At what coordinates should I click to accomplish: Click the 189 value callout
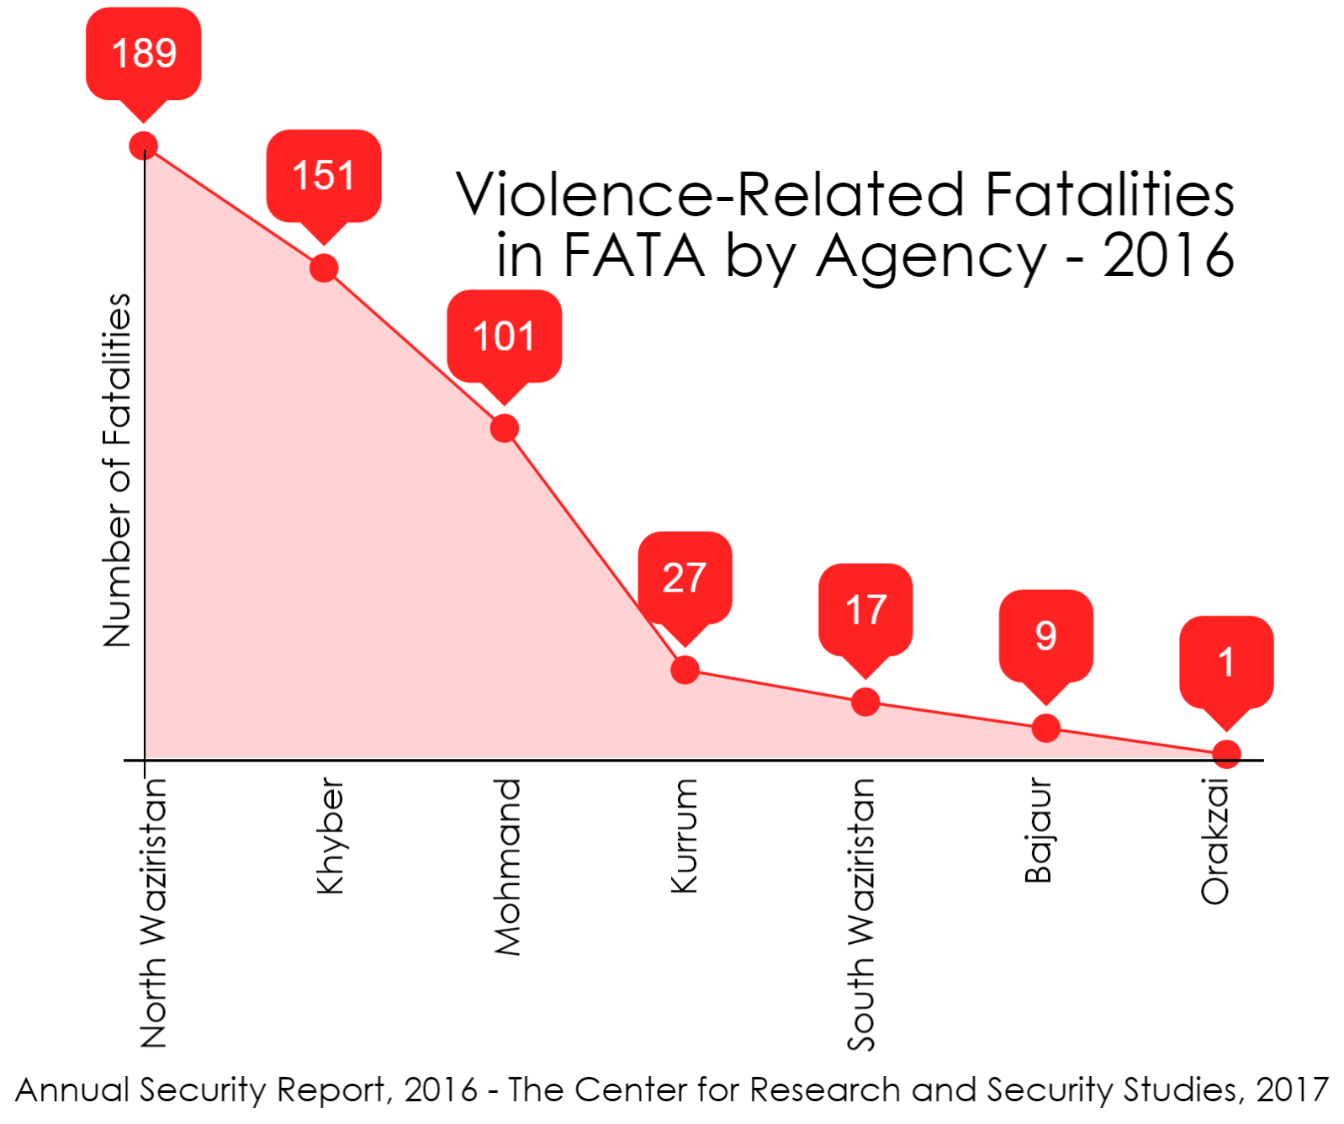(x=144, y=54)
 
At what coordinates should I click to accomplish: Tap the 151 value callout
(x=324, y=176)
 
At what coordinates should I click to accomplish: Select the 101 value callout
(x=504, y=337)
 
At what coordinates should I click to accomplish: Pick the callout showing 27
(x=685, y=578)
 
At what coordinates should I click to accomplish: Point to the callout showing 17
(x=865, y=610)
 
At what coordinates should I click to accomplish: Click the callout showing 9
(x=1045, y=636)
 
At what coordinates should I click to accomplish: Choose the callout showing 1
(x=1226, y=662)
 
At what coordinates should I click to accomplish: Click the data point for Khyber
(x=324, y=268)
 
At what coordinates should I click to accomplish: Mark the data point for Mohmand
(x=504, y=428)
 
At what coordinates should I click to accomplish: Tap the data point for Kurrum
(x=685, y=670)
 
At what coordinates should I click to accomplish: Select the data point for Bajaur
(x=1045, y=728)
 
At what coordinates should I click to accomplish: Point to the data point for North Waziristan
(x=144, y=146)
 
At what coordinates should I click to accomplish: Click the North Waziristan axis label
(x=154, y=912)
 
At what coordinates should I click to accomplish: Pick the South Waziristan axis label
(x=861, y=914)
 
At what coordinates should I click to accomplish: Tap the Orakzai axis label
(x=1215, y=841)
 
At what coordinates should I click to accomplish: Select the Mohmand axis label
(x=508, y=867)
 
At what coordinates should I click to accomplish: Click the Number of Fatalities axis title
(x=118, y=469)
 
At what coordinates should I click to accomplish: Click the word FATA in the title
(x=633, y=255)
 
